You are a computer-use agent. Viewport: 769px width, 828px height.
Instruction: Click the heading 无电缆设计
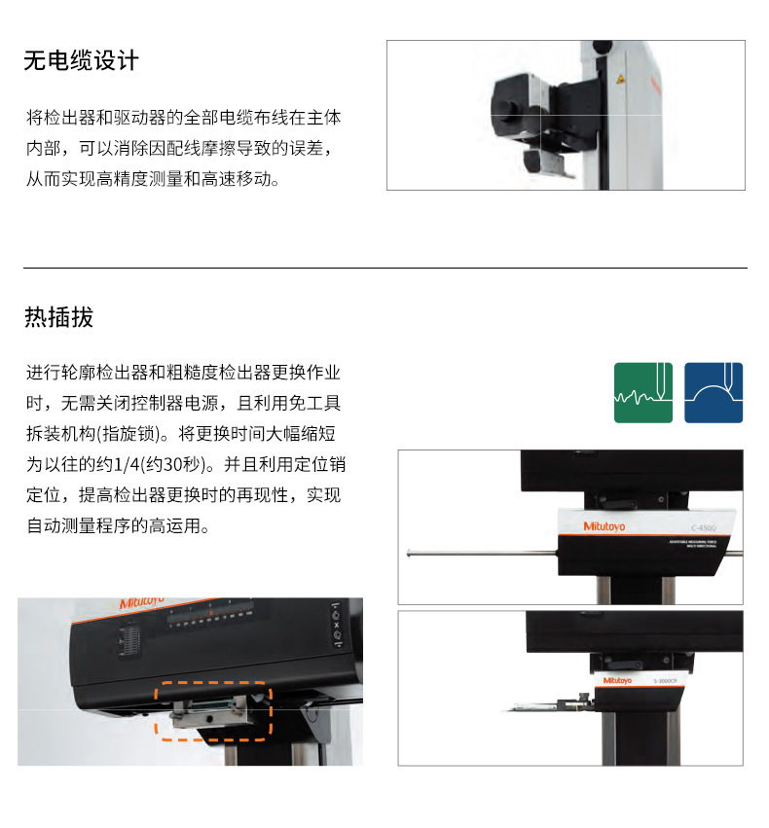(82, 61)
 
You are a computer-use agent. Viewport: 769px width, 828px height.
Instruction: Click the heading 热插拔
(59, 317)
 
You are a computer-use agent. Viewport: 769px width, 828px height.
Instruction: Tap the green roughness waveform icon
(643, 392)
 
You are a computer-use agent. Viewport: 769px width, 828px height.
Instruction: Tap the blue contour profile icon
(714, 392)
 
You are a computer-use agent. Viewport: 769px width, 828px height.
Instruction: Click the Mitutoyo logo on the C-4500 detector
(605, 526)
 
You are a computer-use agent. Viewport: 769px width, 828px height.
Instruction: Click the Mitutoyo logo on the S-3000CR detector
(617, 681)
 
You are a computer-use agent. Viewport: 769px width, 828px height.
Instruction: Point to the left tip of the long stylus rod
(410, 555)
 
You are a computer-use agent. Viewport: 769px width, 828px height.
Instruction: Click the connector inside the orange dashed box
(212, 708)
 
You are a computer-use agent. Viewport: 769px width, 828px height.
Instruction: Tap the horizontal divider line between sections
(384, 268)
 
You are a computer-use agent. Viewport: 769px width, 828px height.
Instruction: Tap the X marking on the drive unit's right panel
(337, 626)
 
